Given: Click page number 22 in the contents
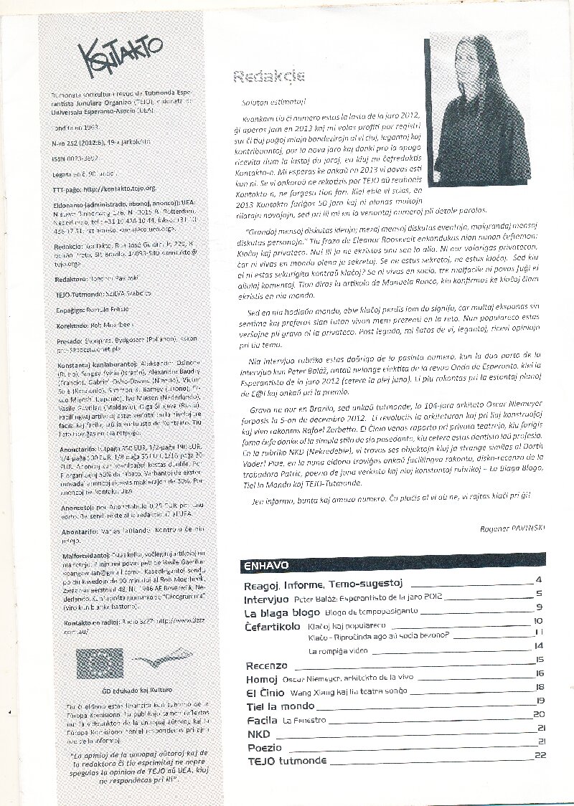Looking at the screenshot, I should click(x=540, y=755).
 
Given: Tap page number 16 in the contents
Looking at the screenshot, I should click(x=540, y=673).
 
